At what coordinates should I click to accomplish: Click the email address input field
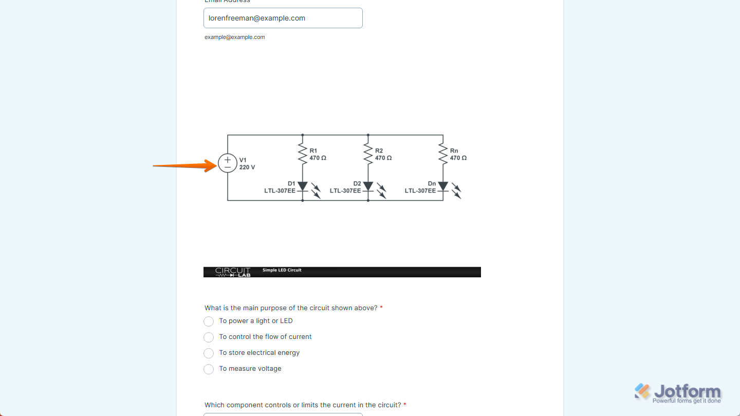point(283,18)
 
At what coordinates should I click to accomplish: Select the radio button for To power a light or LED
point(209,322)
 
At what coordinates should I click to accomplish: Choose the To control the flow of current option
point(209,337)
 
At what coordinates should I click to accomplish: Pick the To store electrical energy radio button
point(209,353)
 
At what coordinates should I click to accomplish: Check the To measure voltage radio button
point(209,369)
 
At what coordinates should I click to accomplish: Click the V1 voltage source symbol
point(228,163)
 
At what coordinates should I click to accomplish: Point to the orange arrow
point(185,165)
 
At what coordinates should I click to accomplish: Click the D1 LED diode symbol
point(302,186)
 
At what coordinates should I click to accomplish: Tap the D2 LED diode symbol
point(368,186)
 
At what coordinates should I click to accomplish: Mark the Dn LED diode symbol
point(442,186)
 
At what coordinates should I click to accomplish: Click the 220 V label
point(247,167)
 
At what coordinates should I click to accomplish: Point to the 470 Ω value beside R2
point(383,158)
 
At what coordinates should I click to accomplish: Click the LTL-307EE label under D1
point(280,191)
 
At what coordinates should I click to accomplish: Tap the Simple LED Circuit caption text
point(282,270)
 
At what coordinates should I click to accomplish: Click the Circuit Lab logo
point(233,272)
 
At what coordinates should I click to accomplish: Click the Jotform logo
point(678,393)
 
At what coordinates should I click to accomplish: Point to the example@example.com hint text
point(235,37)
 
